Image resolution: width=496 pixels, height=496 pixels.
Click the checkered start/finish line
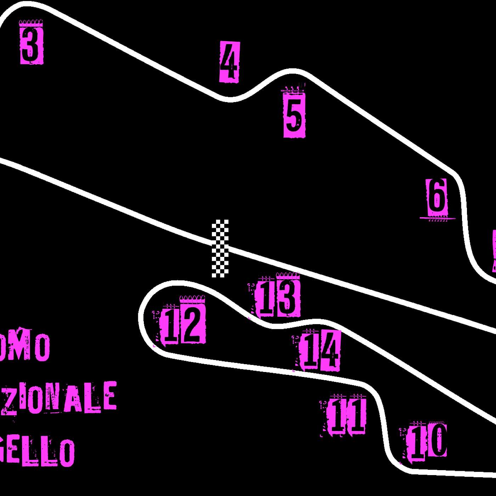tap(220, 248)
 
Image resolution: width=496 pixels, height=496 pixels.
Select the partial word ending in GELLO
tap(37, 452)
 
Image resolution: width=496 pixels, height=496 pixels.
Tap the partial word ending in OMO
tap(25, 345)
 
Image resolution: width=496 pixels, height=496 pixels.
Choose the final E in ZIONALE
tap(109, 396)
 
